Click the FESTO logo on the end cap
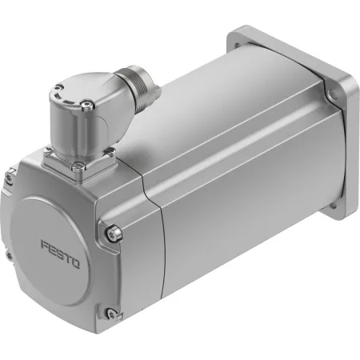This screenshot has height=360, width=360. pyautogui.click(x=60, y=254)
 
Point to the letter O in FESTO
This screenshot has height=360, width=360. pyautogui.click(x=75, y=263)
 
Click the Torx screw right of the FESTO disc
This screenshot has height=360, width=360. pyautogui.click(x=114, y=234)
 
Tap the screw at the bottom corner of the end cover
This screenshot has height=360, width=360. pyautogui.click(x=111, y=313)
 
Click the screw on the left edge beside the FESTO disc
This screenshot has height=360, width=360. pyautogui.click(x=10, y=255)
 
